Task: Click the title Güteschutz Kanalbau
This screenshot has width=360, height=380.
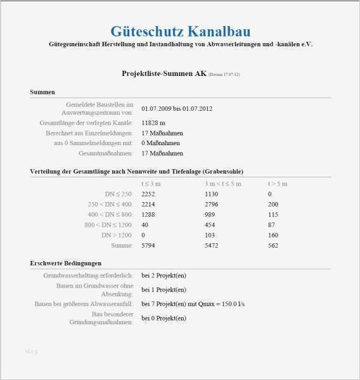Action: pyautogui.click(x=180, y=31)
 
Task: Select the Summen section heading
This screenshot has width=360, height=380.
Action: pyautogui.click(x=42, y=92)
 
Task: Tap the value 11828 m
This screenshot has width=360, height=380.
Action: pyautogui.click(x=153, y=122)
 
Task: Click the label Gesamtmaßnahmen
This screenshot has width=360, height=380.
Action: pyautogui.click(x=105, y=153)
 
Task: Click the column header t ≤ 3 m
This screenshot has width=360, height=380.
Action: pyautogui.click(x=151, y=184)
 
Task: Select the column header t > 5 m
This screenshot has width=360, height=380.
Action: pyautogui.click(x=278, y=184)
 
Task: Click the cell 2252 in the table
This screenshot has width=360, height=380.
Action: pyautogui.click(x=148, y=194)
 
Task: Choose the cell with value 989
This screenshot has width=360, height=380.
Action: pyautogui.click(x=210, y=214)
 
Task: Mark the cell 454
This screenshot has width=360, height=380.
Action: pyautogui.click(x=210, y=224)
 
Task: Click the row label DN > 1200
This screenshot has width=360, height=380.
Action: pyautogui.click(x=119, y=234)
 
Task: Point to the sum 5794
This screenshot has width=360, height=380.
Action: pyautogui.click(x=148, y=244)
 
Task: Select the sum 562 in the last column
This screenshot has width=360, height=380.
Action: pyautogui.click(x=273, y=244)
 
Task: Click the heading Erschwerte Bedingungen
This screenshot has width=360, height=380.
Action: pyautogui.click(x=65, y=263)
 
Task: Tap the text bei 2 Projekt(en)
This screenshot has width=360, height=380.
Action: pyautogui.click(x=164, y=275)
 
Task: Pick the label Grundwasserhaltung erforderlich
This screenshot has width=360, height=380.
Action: pyautogui.click(x=88, y=275)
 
